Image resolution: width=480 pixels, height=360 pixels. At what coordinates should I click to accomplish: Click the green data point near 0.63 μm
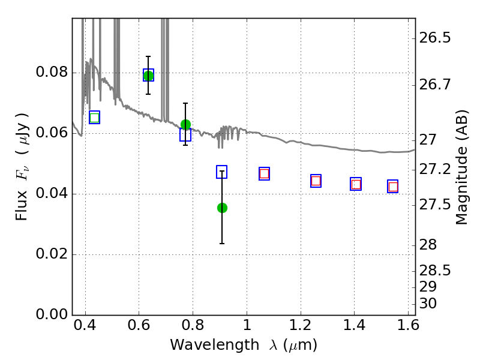pyautogui.click(x=148, y=76)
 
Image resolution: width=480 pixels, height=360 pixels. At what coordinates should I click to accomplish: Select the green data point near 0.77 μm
pyautogui.click(x=185, y=125)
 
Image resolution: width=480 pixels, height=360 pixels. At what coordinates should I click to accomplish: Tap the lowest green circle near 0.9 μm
pyautogui.click(x=222, y=208)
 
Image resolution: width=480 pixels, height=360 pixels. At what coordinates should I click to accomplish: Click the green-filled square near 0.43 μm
pyautogui.click(x=95, y=118)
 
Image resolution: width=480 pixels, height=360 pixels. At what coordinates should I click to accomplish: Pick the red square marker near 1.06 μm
pyautogui.click(x=264, y=174)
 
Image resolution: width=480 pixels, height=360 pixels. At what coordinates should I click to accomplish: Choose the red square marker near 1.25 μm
pyautogui.click(x=316, y=181)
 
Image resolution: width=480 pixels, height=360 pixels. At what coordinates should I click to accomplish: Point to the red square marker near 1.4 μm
pyautogui.click(x=356, y=184)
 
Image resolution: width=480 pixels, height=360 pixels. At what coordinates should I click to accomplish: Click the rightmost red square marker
pyautogui.click(x=393, y=187)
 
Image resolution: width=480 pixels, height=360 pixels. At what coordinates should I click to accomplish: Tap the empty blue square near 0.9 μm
pyautogui.click(x=221, y=172)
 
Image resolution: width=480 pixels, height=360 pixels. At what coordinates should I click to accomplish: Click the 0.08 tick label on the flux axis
pyautogui.click(x=52, y=72)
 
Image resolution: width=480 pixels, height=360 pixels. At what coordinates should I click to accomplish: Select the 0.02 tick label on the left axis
pyautogui.click(x=52, y=254)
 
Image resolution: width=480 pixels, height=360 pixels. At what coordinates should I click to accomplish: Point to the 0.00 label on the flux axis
pyautogui.click(x=52, y=314)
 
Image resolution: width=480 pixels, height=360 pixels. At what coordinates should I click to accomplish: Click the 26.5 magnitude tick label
pyautogui.click(x=434, y=38)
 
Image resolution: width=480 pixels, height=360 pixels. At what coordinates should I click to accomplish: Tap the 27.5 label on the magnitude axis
pyautogui.click(x=434, y=205)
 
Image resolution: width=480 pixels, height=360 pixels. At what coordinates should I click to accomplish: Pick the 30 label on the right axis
pyautogui.click(x=428, y=304)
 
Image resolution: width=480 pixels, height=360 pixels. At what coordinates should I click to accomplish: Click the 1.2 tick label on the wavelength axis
pyautogui.click(x=301, y=325)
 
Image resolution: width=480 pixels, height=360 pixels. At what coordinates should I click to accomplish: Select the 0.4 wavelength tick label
pyautogui.click(x=85, y=325)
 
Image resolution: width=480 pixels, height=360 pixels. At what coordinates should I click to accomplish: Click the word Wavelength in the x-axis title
pyautogui.click(x=215, y=345)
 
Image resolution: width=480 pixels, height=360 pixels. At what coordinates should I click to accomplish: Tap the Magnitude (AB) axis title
pyautogui.click(x=462, y=167)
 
